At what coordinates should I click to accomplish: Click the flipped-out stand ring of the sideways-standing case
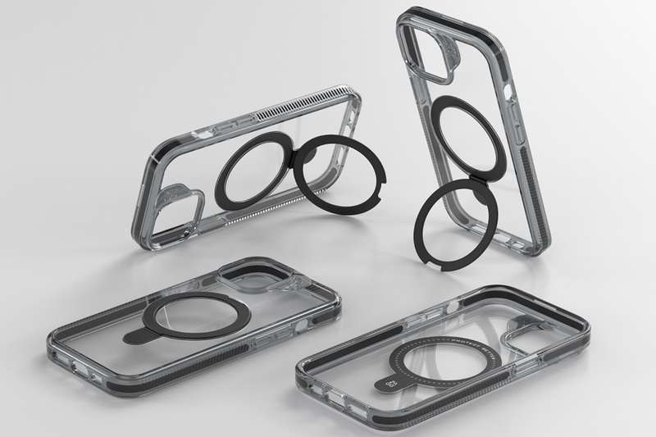coord(339,170)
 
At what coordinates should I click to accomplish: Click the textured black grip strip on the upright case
coord(533,189)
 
